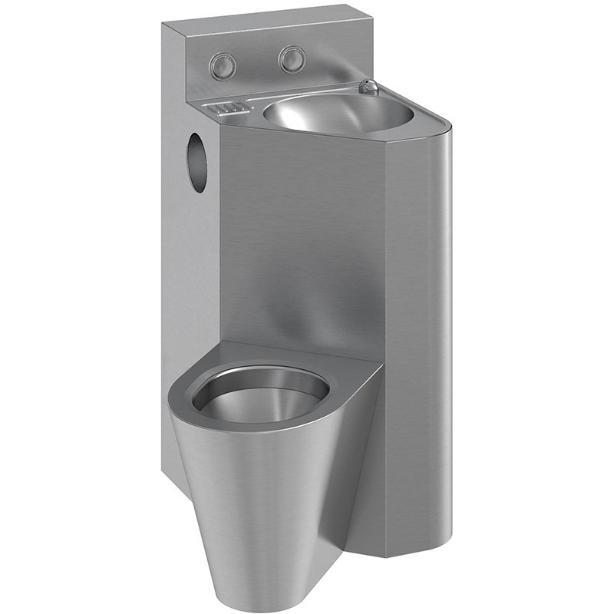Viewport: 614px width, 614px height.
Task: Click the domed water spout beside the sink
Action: pyautogui.click(x=369, y=87)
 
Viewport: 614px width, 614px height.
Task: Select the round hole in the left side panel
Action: pyautogui.click(x=197, y=162)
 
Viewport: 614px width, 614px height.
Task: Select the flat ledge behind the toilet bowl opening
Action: pyautogui.click(x=307, y=357)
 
